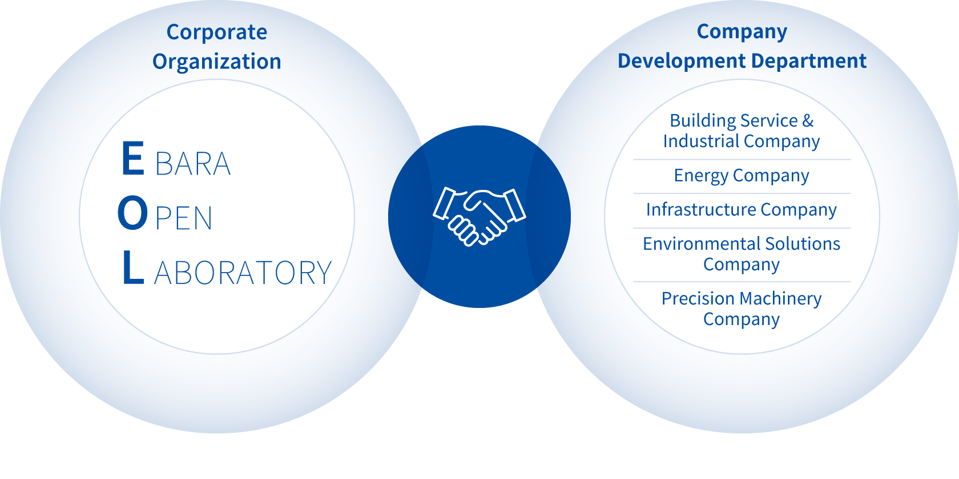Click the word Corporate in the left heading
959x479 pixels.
click(217, 33)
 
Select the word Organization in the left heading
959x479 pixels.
click(217, 62)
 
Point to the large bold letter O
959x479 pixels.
click(132, 214)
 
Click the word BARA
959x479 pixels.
click(193, 164)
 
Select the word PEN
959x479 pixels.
click(184, 219)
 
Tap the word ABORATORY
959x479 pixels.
click(243, 273)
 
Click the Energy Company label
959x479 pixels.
click(742, 176)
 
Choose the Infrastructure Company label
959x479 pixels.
click(742, 210)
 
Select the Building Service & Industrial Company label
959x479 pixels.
click(742, 131)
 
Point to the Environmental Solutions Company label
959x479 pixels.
click(742, 254)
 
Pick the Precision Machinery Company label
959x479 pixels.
click(742, 308)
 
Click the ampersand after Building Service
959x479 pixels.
click(808, 121)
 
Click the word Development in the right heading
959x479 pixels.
click(682, 61)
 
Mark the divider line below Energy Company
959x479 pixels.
click(742, 194)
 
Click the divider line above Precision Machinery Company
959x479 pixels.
click(742, 282)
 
